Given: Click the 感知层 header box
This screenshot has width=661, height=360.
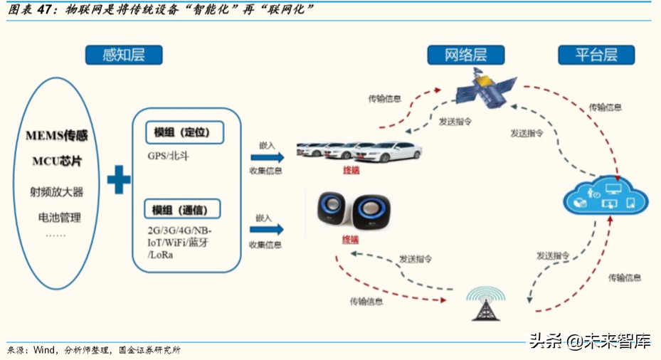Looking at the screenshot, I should click(x=124, y=55).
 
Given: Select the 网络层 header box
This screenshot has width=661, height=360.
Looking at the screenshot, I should click(x=466, y=55).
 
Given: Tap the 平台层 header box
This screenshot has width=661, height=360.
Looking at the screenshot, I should click(x=596, y=55).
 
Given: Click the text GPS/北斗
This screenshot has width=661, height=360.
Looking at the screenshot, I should click(x=169, y=155).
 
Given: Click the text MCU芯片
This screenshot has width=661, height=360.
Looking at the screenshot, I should click(x=56, y=161).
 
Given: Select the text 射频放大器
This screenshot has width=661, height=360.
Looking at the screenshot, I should click(x=56, y=191).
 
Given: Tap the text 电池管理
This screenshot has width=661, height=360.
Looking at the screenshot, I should click(x=55, y=217).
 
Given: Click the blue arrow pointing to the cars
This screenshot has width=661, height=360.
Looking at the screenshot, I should click(x=267, y=157).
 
